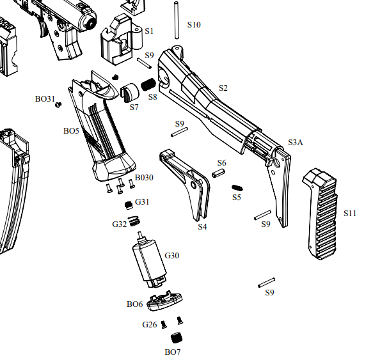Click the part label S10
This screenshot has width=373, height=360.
pos(194,25)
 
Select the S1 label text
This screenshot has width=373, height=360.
pos(149,31)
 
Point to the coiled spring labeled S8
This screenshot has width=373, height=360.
pos(148,84)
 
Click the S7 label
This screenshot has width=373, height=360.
pos(134,107)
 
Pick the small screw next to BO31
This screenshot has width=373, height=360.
pos(59,106)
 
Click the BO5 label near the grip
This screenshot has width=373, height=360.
pos(71,131)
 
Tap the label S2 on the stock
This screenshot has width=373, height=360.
pos(223,88)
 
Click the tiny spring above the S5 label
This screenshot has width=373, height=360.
pos(237,187)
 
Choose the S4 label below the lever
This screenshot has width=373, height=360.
pos(202,226)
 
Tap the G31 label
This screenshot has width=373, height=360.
pos(142,202)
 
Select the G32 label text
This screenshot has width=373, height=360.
pos(119,224)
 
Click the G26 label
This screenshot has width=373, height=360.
pos(149,325)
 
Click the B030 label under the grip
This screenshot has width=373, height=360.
pos(144,177)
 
